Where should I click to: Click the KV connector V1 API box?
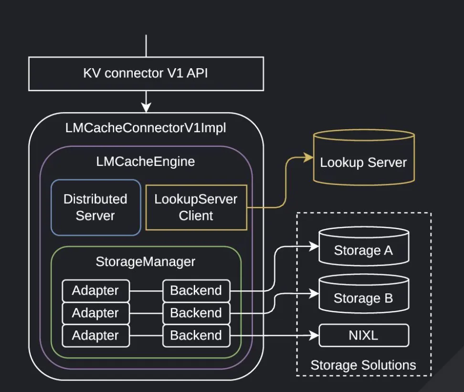[146, 73]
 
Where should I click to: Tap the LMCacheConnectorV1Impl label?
[146, 128]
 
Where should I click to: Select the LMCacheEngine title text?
[146, 161]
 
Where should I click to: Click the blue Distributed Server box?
[95, 207]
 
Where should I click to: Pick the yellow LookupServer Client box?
[196, 207]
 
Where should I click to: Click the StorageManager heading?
[146, 261]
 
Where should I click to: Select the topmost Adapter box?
[95, 290]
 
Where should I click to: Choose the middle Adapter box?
[95, 313]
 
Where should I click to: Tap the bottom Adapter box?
[95, 335]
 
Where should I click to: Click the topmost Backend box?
[196, 290]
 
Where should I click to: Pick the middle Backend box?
[196, 313]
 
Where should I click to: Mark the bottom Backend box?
[196, 335]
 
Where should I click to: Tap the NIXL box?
[363, 335]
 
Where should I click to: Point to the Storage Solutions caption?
[363, 365]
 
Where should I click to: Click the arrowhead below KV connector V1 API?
[146, 106]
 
